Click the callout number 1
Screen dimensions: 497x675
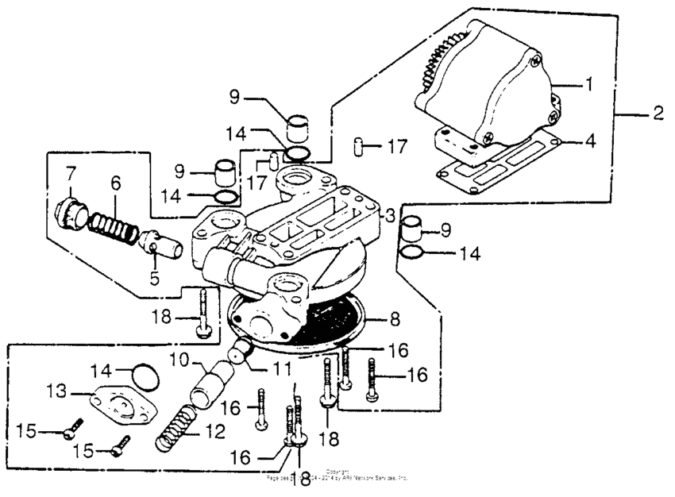(x=588, y=83)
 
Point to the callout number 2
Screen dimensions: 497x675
(x=657, y=113)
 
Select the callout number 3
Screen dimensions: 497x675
(x=390, y=215)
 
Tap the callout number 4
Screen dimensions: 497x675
(x=588, y=143)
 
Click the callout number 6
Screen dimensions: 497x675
(x=116, y=182)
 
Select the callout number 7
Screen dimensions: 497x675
(x=71, y=172)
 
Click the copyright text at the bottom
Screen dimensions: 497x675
(x=337, y=477)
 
